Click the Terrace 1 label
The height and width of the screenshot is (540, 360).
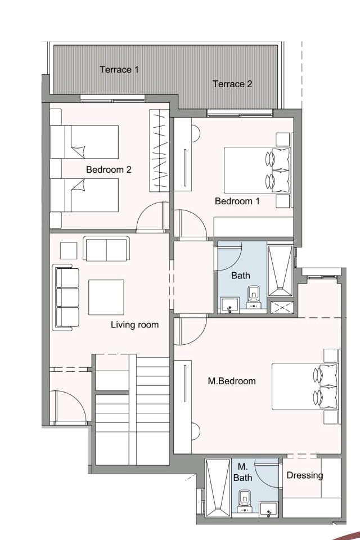tap(119, 70)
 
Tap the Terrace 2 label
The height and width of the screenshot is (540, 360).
tap(232, 84)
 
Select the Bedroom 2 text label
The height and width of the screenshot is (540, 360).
tap(109, 169)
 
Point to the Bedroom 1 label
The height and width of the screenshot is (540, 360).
tap(237, 201)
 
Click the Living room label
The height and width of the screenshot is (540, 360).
tap(134, 325)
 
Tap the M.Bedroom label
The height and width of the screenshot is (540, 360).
tap(232, 381)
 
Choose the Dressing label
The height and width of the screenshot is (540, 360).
tap(305, 476)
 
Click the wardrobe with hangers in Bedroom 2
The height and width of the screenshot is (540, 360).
tap(159, 151)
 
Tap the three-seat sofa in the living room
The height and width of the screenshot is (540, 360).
tap(66, 298)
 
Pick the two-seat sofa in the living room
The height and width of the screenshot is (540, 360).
tap(106, 249)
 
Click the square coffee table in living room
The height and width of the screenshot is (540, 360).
tap(106, 297)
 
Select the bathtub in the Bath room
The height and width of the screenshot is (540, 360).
tap(280, 271)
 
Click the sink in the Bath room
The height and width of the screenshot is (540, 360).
tap(229, 305)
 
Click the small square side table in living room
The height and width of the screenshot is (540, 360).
tap(69, 251)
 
